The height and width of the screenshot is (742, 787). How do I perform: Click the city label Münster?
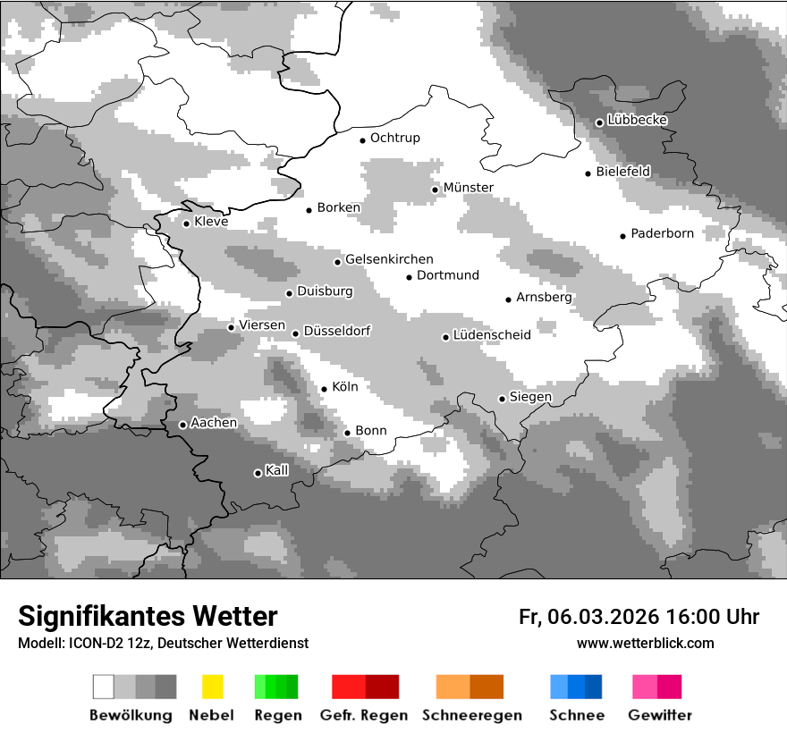click(x=469, y=188)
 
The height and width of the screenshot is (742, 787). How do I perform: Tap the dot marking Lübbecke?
click(x=599, y=122)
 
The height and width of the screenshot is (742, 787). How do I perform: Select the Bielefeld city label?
click(x=623, y=172)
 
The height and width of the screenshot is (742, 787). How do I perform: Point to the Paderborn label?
click(x=662, y=234)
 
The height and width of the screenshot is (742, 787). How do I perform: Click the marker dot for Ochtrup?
click(x=362, y=139)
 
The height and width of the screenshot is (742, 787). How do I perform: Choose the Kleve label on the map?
click(x=211, y=222)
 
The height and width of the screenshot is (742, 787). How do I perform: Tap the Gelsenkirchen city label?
click(x=389, y=260)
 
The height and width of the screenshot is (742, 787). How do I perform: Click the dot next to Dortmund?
click(x=409, y=277)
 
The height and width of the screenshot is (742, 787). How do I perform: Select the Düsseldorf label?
click(x=337, y=332)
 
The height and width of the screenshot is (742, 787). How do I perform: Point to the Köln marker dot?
click(x=324, y=389)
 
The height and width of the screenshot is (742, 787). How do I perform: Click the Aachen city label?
click(x=214, y=423)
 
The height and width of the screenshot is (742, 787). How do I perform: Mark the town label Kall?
click(x=277, y=470)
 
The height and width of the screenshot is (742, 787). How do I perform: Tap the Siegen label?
click(x=530, y=397)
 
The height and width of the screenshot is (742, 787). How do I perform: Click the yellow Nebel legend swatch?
click(x=212, y=687)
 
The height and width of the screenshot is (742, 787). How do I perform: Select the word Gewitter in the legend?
click(x=659, y=715)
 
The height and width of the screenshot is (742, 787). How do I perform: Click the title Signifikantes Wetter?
click(x=148, y=616)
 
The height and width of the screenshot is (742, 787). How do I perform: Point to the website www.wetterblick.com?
click(x=645, y=644)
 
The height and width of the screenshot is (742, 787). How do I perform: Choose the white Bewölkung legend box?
click(x=104, y=687)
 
